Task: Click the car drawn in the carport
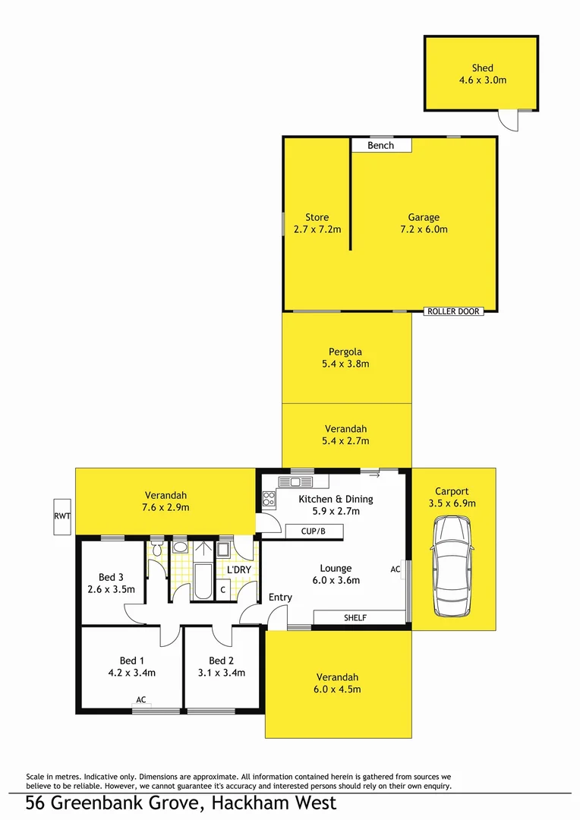pos(452,566)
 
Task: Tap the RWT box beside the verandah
pos(61,516)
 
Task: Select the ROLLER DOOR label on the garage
pos(453,311)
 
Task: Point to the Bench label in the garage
pos(380,145)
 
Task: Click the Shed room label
pos(482,68)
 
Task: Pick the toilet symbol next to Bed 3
pos(156,548)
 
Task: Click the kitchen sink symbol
pos(295,481)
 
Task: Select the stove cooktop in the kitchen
pos(269,499)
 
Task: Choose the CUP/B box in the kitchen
pos(313,531)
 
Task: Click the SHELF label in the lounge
pos(355,618)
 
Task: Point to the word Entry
pos(280,598)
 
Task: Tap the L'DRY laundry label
pos(239,569)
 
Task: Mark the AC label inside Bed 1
pos(141,699)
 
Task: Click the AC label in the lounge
pos(395,569)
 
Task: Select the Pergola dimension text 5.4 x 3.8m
pos(345,364)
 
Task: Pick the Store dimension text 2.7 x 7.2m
pos(317,229)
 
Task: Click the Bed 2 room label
pos(221,661)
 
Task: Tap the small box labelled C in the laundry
pos(223,589)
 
